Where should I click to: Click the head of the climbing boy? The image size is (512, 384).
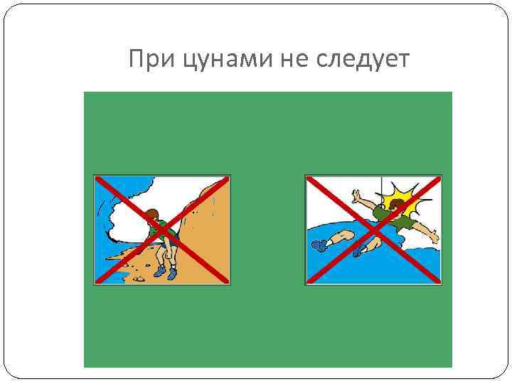pyautogui.click(x=151, y=216)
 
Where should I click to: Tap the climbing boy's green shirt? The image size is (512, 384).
pyautogui.click(x=165, y=232)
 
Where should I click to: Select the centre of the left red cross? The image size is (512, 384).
pyautogui.click(x=162, y=230)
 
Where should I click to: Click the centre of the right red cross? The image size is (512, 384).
pyautogui.click(x=373, y=229)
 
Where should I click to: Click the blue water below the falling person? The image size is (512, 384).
pyautogui.click(x=398, y=267)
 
